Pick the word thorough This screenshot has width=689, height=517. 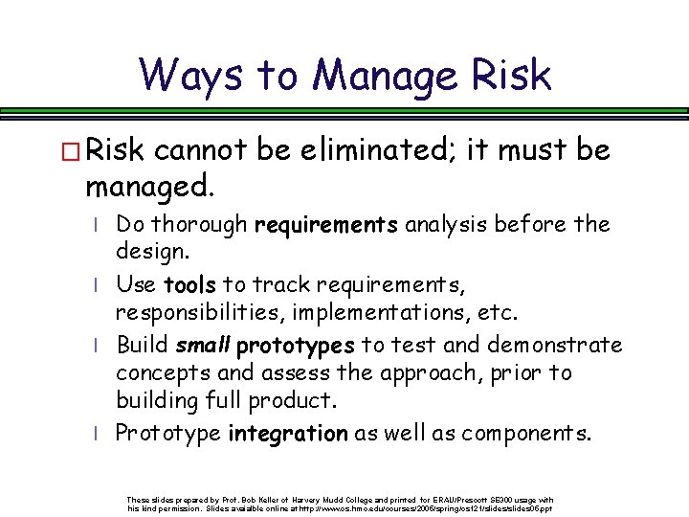(x=202, y=225)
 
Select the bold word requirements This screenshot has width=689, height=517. (x=326, y=226)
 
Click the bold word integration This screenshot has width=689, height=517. (x=287, y=434)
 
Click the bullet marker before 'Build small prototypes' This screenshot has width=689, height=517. (x=98, y=346)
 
